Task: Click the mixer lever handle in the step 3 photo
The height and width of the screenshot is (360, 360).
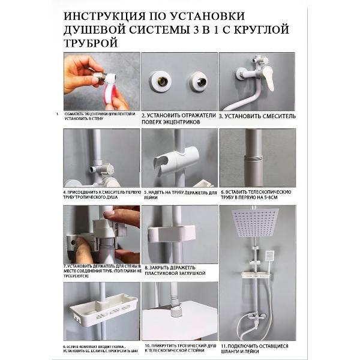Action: click(268, 77)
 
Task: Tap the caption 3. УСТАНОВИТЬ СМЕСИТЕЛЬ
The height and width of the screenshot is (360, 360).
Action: click(257, 115)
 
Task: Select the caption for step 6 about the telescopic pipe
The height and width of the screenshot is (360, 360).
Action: click(257, 195)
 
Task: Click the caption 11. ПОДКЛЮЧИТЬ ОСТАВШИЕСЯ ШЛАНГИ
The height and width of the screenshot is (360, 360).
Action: click(257, 349)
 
